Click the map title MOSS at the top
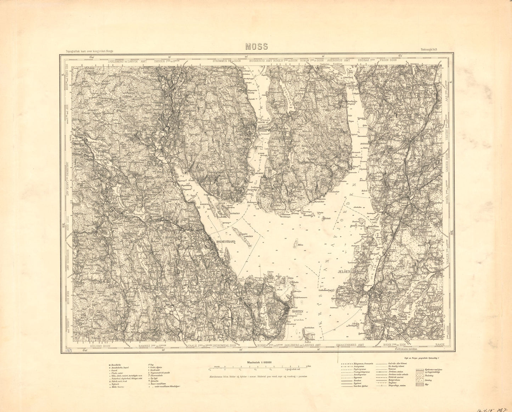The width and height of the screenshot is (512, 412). pyautogui.click(x=256, y=46)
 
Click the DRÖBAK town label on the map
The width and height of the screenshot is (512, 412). pyautogui.click(x=352, y=85)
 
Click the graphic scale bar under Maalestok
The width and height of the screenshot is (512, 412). pyautogui.click(x=260, y=367)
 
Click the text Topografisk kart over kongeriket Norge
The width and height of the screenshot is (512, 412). pyautogui.click(x=87, y=51)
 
